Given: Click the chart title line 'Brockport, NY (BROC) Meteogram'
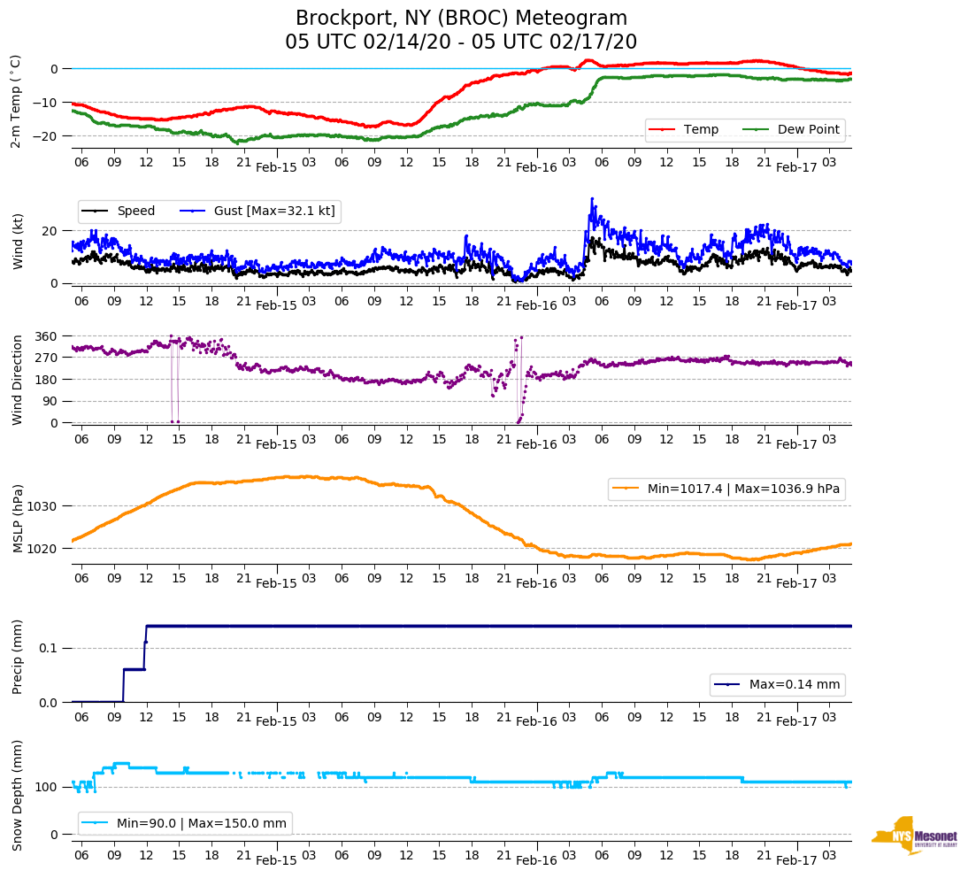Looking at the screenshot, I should (x=461, y=19).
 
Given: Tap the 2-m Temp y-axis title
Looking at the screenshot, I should (x=16, y=100).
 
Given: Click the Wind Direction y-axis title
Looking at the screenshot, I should (x=16, y=379).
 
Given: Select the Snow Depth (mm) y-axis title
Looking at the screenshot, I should (x=16, y=794).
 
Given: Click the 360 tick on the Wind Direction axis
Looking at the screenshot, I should (x=48, y=336).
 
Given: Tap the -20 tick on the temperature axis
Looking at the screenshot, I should (x=48, y=136).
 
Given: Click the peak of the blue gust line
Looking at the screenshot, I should (x=592, y=198).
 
